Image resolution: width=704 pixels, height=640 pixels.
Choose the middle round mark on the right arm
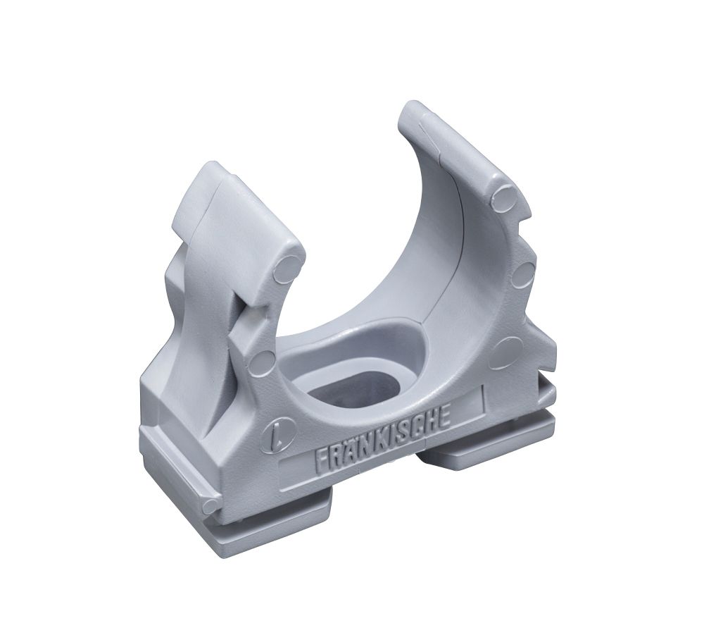pos(522,275)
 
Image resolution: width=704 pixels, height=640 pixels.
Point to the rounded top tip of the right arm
pos(415,113)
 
